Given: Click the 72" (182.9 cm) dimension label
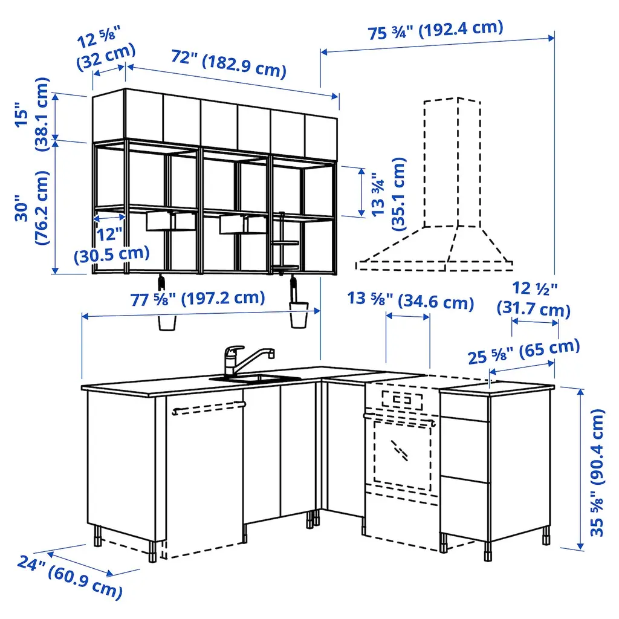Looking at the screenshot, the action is (x=228, y=63).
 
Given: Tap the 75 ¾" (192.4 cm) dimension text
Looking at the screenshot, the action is (x=436, y=30).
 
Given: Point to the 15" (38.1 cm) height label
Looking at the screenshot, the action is (x=33, y=114).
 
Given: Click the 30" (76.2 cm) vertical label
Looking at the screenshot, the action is (x=33, y=208).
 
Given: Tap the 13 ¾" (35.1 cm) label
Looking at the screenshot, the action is (x=389, y=194).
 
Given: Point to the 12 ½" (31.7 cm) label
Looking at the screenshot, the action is (x=534, y=299).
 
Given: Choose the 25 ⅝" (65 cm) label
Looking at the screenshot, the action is (x=524, y=351).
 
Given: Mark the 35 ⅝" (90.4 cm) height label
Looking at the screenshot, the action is (x=597, y=473).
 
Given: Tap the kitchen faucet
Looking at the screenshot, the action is (x=245, y=359).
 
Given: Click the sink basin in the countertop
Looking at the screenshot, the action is (x=255, y=379).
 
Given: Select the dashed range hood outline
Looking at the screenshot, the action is (x=434, y=184).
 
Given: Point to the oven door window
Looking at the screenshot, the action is (x=402, y=453).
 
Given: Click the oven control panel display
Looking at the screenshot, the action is (x=402, y=400).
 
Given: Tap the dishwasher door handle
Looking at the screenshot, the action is (x=209, y=408).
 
